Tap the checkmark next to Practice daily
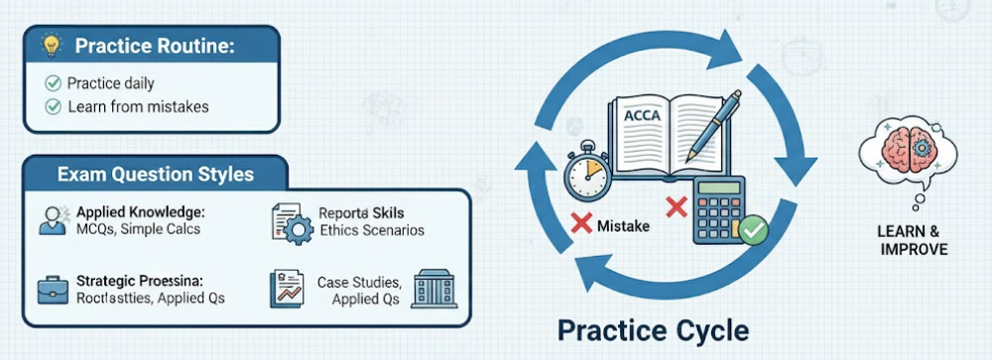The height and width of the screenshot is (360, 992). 54,83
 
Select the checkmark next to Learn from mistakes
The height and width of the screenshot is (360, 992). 54,106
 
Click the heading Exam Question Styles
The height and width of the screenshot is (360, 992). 155,175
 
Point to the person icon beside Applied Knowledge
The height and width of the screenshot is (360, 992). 49,220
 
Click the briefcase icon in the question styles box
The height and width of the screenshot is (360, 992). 49,290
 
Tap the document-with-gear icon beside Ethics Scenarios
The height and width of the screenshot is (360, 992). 291,222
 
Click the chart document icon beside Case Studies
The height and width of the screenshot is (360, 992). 287,289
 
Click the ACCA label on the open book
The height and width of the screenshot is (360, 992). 642,115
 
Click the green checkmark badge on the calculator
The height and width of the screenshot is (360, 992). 753,231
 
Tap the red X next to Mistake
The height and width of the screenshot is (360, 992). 581,226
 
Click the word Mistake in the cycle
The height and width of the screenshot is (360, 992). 623,226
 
